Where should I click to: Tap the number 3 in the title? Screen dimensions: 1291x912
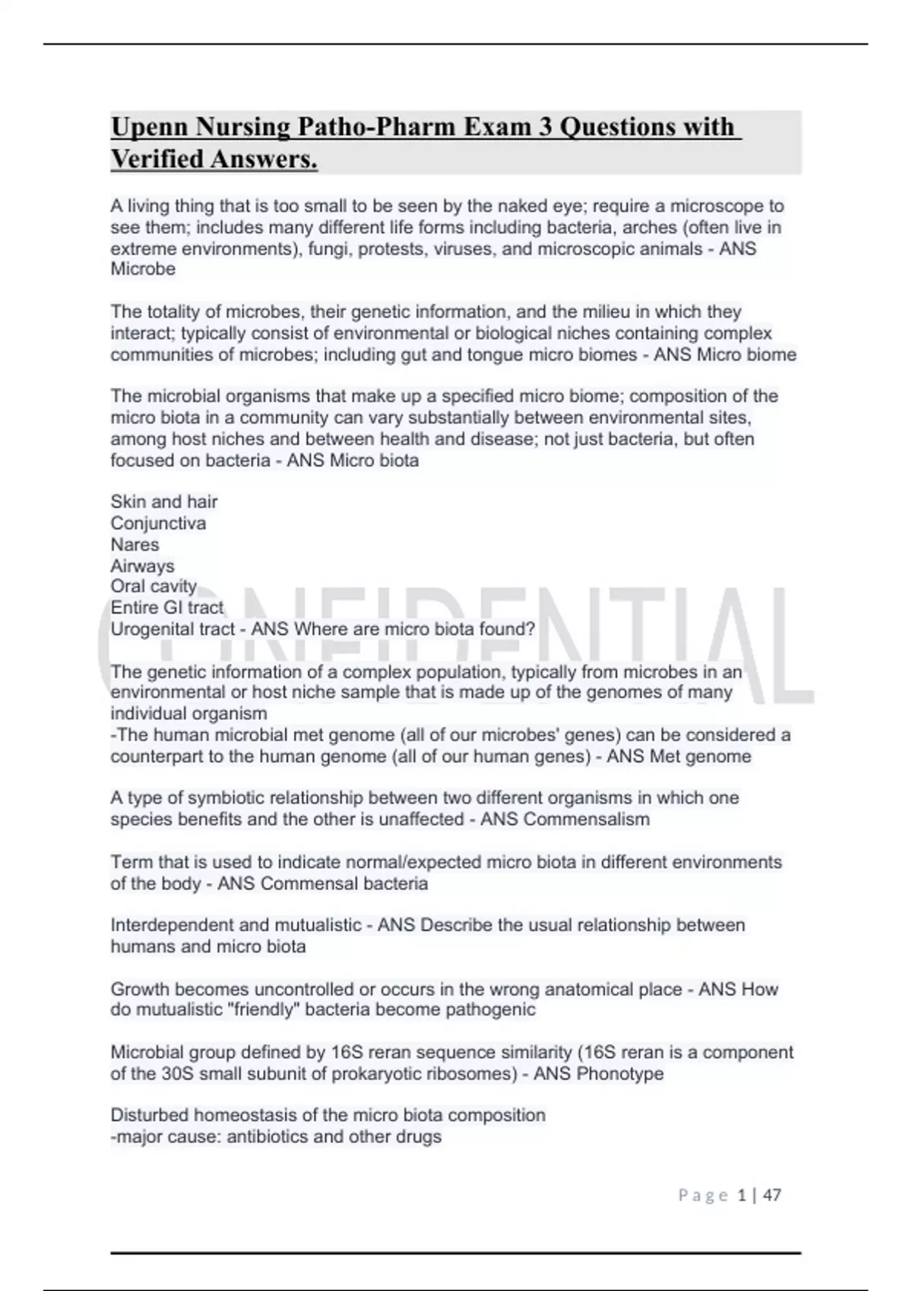546,127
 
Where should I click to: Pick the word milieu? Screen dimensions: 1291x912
601,311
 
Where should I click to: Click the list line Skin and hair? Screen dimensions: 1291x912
164,502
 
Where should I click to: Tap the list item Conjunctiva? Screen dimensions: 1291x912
158,523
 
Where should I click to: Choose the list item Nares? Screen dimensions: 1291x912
135,544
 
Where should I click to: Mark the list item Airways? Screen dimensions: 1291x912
142,566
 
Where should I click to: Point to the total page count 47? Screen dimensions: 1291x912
772,1195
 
